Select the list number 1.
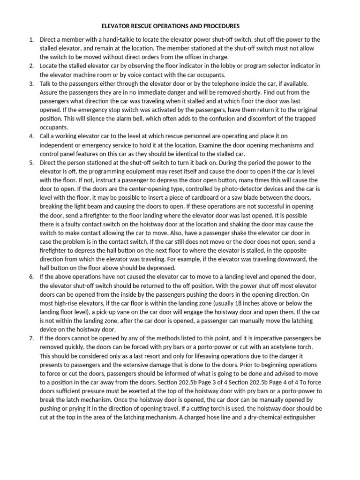coord(31,40)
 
